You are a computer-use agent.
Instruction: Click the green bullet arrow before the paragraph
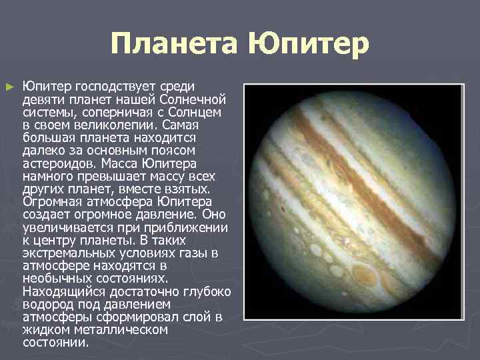click(x=9, y=87)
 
